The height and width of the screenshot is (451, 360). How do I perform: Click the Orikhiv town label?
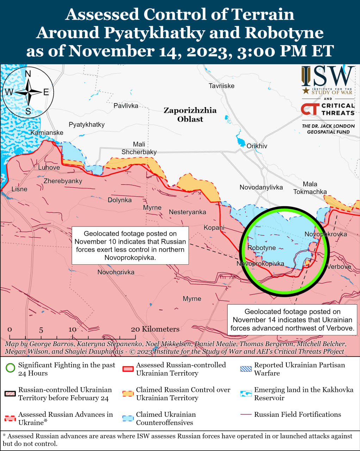[257, 146]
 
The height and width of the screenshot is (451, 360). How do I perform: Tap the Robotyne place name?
[261, 248]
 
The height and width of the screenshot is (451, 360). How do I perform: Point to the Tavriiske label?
[221, 86]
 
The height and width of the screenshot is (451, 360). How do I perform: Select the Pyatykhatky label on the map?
[87, 124]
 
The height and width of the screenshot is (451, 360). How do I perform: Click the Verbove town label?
[339, 266]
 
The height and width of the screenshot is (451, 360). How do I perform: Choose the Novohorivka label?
[116, 272]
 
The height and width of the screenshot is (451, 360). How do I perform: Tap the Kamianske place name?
[47, 132]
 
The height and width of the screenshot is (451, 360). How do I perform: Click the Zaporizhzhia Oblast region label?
[190, 115]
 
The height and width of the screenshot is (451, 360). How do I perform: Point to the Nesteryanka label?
[187, 212]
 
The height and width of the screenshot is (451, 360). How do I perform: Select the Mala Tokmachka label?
[310, 188]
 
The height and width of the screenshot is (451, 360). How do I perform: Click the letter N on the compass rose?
[28, 74]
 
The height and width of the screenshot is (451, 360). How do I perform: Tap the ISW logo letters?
[328, 76]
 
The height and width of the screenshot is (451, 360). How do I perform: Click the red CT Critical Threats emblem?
[310, 109]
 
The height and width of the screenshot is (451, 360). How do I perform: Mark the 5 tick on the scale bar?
[41, 330]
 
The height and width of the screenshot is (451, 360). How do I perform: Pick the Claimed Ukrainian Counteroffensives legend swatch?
[128, 418]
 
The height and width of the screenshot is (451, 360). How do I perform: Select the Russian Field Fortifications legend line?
[246, 415]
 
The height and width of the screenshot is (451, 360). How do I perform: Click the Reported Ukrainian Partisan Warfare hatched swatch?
[246, 369]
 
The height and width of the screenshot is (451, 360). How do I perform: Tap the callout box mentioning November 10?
[130, 246]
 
